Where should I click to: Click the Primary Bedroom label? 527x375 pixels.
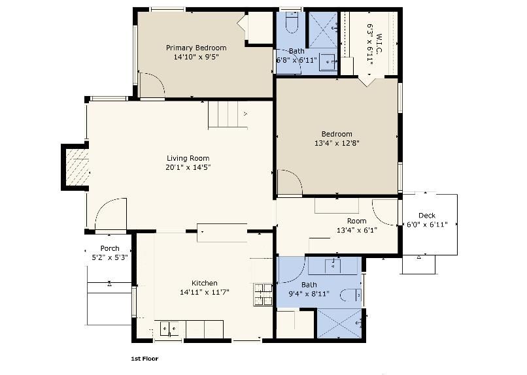(x=196, y=48)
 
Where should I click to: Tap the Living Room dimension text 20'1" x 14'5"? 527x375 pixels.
(x=188, y=167)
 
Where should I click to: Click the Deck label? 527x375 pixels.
(x=426, y=216)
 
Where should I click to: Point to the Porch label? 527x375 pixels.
(x=109, y=248)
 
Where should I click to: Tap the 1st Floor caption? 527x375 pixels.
(x=144, y=359)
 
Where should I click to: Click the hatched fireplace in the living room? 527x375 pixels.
(x=76, y=167)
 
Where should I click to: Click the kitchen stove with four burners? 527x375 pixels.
(x=263, y=294)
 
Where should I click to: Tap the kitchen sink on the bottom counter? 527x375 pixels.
(x=169, y=329)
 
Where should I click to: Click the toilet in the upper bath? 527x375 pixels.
(x=292, y=24)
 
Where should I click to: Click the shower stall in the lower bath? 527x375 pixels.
(x=339, y=323)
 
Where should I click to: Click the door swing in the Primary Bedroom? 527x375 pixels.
(x=152, y=86)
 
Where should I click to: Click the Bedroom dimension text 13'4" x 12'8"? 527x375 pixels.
(x=337, y=143)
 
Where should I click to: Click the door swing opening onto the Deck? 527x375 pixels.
(x=386, y=212)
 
